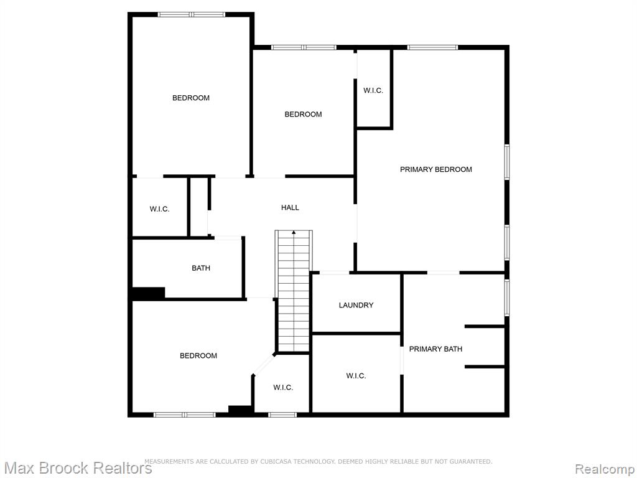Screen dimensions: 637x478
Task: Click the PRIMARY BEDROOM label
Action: click(436, 169)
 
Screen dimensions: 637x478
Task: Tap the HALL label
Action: click(290, 208)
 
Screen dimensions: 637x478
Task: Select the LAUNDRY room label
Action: click(356, 305)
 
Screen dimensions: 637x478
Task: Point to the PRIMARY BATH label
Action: click(435, 349)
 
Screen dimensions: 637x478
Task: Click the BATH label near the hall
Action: click(201, 268)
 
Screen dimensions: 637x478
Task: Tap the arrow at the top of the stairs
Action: click(294, 233)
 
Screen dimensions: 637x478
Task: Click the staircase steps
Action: click(294, 291)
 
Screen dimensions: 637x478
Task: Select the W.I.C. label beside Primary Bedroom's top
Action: click(373, 91)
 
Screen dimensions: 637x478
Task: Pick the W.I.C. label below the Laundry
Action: click(356, 376)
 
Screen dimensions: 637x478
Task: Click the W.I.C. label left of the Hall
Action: click(160, 209)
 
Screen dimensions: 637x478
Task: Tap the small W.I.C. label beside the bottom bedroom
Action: click(283, 388)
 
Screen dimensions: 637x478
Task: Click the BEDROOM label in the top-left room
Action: click(191, 98)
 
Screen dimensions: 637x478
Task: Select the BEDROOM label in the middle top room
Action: click(303, 115)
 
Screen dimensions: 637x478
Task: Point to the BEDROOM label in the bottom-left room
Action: click(198, 356)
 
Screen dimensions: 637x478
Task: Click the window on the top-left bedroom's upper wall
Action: click(192, 15)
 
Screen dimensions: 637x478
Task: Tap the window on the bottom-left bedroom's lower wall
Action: click(184, 415)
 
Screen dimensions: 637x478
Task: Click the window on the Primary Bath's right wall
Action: click(506, 297)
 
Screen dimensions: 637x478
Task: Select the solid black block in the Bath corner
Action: click(149, 294)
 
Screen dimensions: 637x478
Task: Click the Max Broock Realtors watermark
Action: click(77, 468)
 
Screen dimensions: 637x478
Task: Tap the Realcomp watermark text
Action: click(605, 469)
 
